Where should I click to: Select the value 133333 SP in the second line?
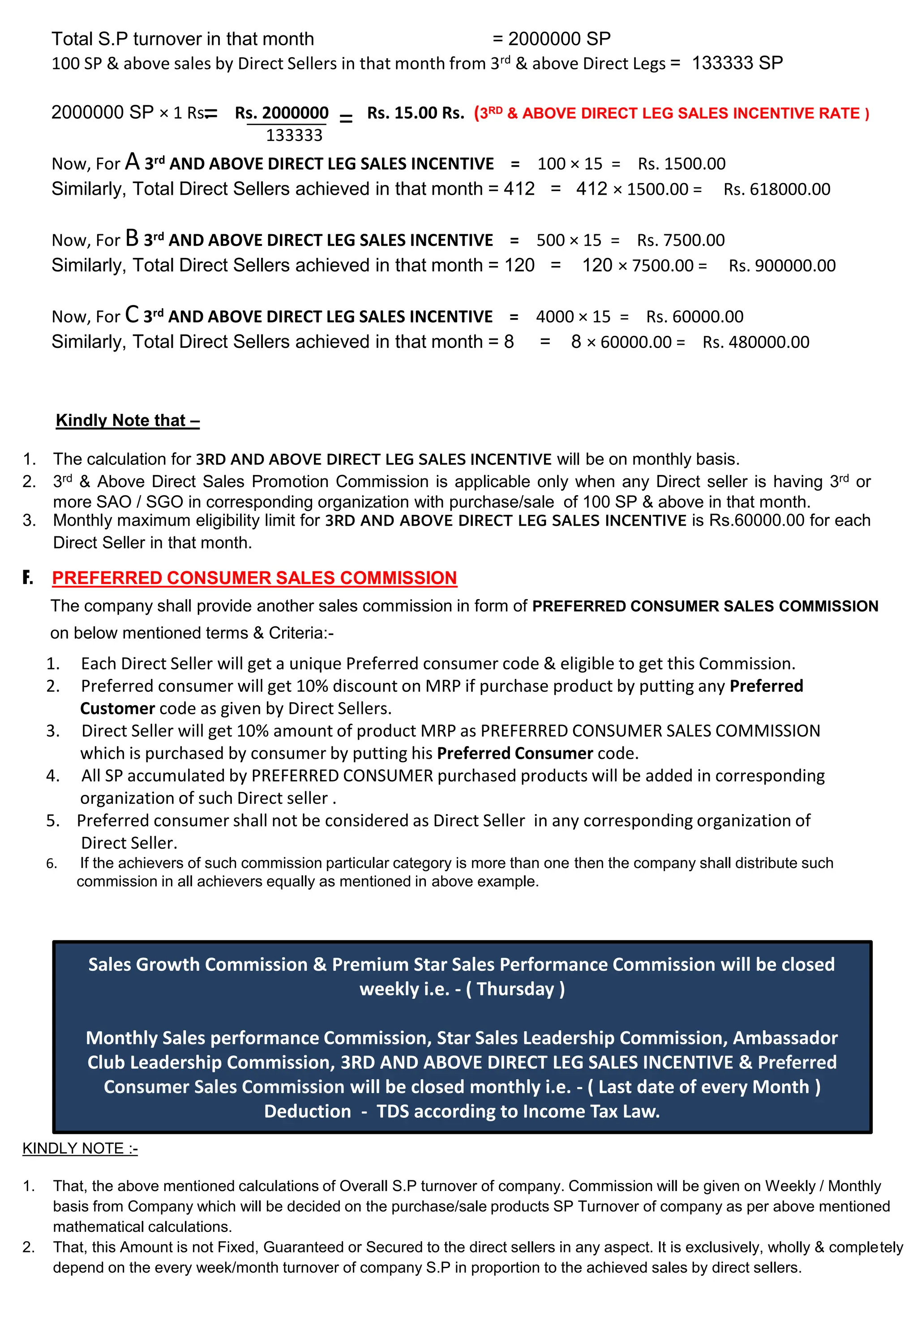point(737,63)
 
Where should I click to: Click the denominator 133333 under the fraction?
point(294,136)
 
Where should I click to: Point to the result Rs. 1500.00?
point(681,164)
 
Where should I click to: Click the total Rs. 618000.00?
point(776,189)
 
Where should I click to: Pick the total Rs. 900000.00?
point(781,266)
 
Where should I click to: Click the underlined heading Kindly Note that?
point(128,420)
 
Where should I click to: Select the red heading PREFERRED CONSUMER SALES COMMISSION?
point(254,578)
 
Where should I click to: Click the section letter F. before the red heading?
point(28,578)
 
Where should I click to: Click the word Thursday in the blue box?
point(515,989)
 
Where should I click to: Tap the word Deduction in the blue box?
point(308,1111)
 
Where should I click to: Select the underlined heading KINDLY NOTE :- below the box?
point(80,1149)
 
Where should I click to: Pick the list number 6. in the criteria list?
point(51,864)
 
